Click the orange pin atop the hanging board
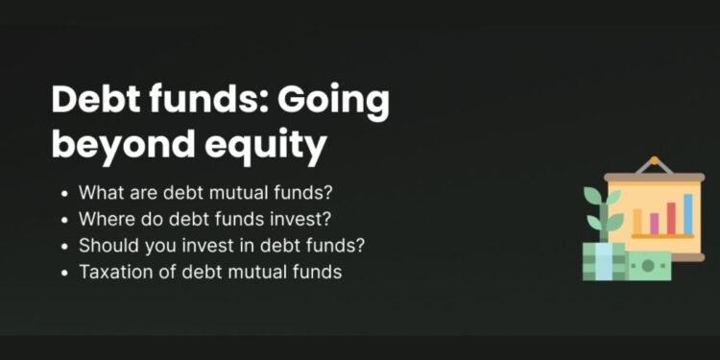(x=655, y=161)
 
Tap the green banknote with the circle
(x=649, y=265)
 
